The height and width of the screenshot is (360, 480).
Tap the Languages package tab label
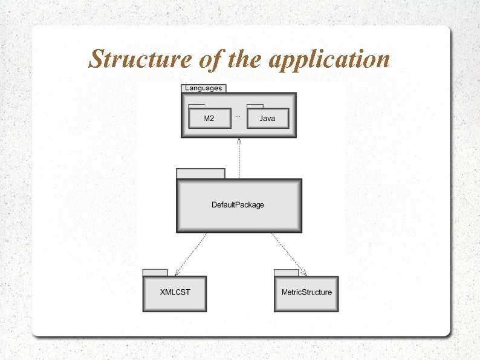pos(204,88)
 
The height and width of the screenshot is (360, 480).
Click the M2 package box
pos(209,119)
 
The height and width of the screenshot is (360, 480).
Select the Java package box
pos(267,119)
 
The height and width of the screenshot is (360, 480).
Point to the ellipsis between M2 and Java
pos(238,114)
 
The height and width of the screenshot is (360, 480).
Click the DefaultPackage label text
pos(238,205)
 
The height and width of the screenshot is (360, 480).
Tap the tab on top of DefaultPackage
pos(200,174)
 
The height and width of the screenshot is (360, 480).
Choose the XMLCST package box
pos(175,293)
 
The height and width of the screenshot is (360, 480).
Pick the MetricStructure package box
pos(306,293)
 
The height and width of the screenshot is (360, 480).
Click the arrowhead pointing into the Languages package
pos(239,141)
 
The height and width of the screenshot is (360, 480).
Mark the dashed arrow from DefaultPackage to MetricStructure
pos(288,254)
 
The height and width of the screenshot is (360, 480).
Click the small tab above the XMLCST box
pos(155,272)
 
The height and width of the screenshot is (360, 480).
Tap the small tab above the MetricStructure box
pos(287,272)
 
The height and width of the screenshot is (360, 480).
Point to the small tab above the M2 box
pos(196,106)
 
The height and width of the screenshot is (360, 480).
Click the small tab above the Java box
pos(255,106)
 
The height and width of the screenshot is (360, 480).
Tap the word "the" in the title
pos(244,59)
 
